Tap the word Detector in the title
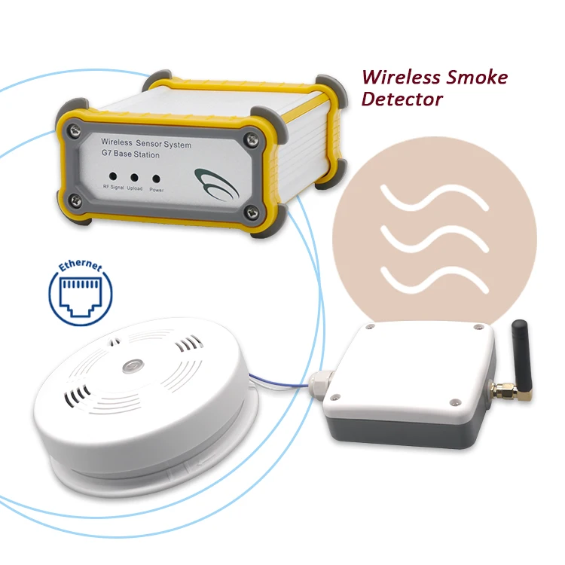click(x=402, y=99)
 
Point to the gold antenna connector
click(x=502, y=389)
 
